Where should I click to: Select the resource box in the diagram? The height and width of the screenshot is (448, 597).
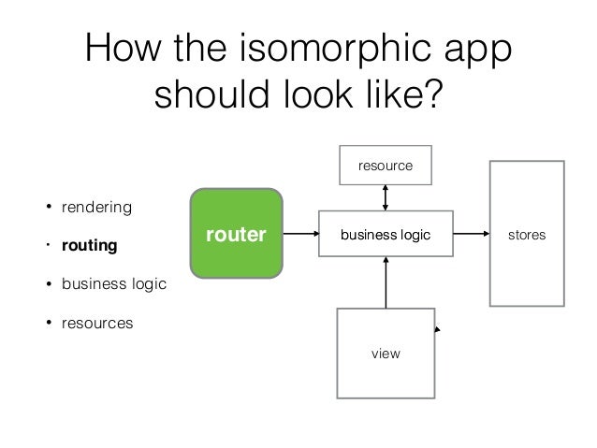coord(386,166)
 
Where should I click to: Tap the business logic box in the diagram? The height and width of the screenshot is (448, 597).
coord(386,235)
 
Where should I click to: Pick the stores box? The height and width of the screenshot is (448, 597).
coord(527,235)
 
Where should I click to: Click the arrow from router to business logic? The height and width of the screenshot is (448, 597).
coord(299,235)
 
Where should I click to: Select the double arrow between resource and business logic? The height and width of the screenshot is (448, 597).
coord(386,199)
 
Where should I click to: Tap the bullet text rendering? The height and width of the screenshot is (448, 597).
coord(96,206)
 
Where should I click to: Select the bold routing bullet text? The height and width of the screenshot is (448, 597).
coord(89,247)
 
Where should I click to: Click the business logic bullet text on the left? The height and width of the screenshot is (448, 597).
coord(114,285)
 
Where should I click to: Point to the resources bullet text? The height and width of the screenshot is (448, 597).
coord(97,324)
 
